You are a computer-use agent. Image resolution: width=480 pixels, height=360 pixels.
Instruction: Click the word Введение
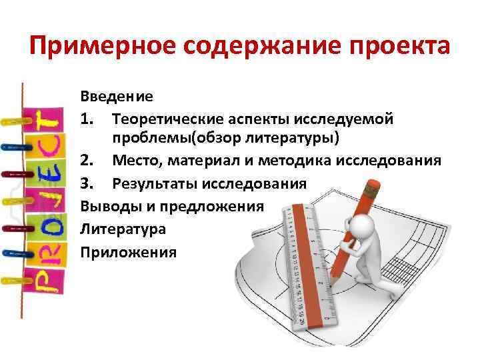coord(117,97)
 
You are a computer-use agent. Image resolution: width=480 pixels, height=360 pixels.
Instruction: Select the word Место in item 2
coord(136,161)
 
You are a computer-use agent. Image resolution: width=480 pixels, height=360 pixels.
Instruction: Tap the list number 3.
coord(87,183)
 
